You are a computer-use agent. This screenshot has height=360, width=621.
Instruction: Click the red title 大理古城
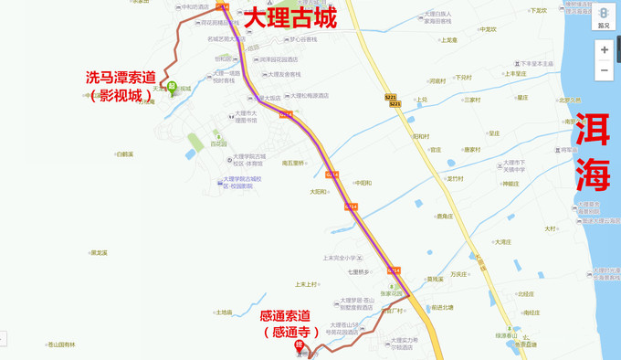coord(289,17)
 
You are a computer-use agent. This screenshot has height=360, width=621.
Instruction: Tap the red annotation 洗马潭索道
coord(120,77)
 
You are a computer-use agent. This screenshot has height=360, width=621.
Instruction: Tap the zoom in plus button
coord(604,50)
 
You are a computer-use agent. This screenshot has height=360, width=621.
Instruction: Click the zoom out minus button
coord(604,71)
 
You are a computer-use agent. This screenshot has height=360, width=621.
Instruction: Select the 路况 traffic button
coord(604,17)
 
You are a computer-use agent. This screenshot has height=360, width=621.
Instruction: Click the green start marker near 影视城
coord(171,88)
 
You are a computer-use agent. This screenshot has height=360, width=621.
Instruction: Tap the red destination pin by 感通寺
coord(299,345)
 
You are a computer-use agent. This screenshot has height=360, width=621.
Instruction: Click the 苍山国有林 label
coord(63,344)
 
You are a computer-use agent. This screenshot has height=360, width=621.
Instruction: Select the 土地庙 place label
coord(224,312)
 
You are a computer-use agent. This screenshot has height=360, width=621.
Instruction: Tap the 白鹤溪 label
coord(125,154)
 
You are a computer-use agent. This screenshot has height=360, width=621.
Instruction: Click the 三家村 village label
coord(471,100)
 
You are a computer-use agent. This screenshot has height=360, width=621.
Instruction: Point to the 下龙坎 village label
coord(538,11)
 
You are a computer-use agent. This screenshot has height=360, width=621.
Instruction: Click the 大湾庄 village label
coord(502,242)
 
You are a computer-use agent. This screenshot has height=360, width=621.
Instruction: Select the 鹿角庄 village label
coord(444,217)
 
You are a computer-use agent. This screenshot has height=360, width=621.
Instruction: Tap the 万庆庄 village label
coord(458,273)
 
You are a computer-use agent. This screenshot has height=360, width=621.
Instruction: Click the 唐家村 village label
coord(471,150)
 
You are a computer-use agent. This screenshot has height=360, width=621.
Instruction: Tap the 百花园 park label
coord(218,143)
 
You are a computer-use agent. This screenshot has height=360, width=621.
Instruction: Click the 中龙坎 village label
coord(488,29)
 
